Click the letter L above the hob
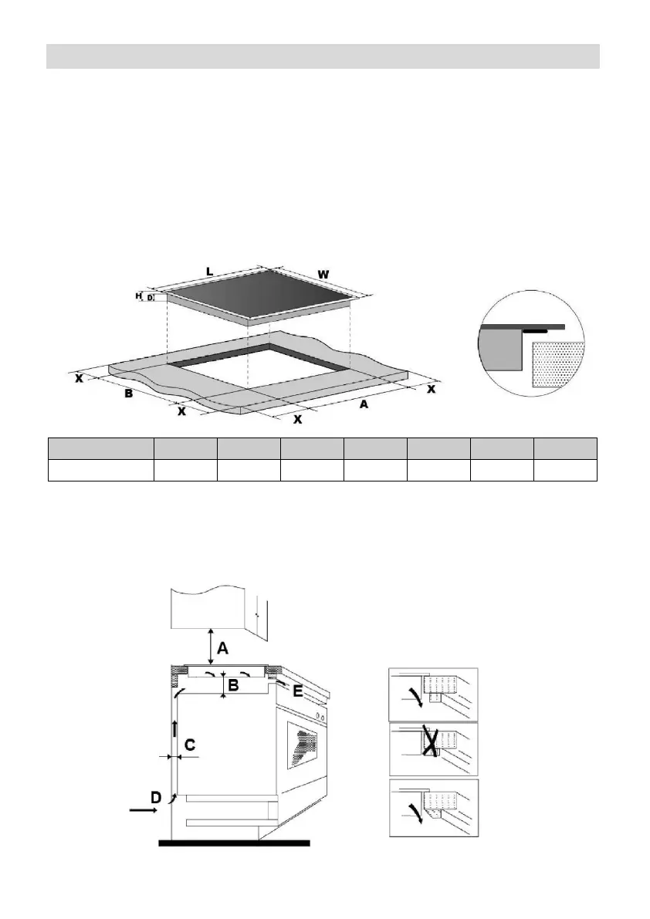coord(209,271)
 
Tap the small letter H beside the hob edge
coord(139,296)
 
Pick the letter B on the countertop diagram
coord(130,394)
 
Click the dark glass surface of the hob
coord(262,298)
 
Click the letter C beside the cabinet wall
coord(189,745)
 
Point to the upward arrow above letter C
coord(175,729)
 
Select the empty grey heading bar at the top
coord(323,56)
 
